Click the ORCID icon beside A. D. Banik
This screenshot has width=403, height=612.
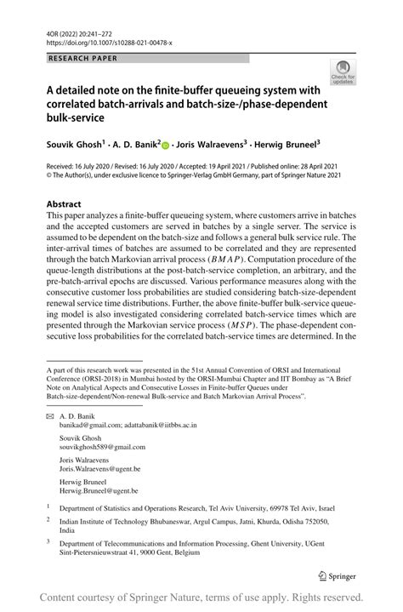tap(166, 145)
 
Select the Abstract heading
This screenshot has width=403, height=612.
tap(64, 204)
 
